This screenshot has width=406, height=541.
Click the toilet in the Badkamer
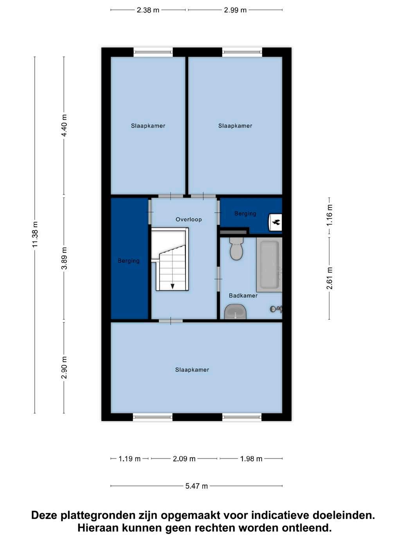[x=236, y=249]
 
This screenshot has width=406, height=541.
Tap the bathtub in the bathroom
[x=269, y=265]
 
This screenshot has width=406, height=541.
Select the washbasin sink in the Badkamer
[x=235, y=312]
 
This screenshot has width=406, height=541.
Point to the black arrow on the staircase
[x=172, y=286]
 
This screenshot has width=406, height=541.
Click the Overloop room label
[x=189, y=219]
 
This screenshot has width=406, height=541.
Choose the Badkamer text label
[x=243, y=296]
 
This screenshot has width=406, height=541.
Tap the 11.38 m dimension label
[x=35, y=235]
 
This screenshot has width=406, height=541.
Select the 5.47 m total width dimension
[x=196, y=486]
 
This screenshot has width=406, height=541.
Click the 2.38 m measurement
[x=148, y=10]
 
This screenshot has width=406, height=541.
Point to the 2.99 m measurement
[x=235, y=10]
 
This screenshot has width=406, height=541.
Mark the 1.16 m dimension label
[x=329, y=215]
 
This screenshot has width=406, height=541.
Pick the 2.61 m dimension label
[x=329, y=278]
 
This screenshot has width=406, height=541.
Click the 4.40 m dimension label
[x=64, y=125]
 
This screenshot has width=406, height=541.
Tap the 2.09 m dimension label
[x=184, y=459]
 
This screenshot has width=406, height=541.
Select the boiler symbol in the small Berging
[x=275, y=222]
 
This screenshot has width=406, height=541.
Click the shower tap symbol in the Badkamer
[x=276, y=309]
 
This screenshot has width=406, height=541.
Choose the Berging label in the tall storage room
[x=129, y=261]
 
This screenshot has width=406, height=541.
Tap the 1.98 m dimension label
[x=251, y=459]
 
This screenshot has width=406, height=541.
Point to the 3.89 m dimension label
[x=64, y=258]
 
